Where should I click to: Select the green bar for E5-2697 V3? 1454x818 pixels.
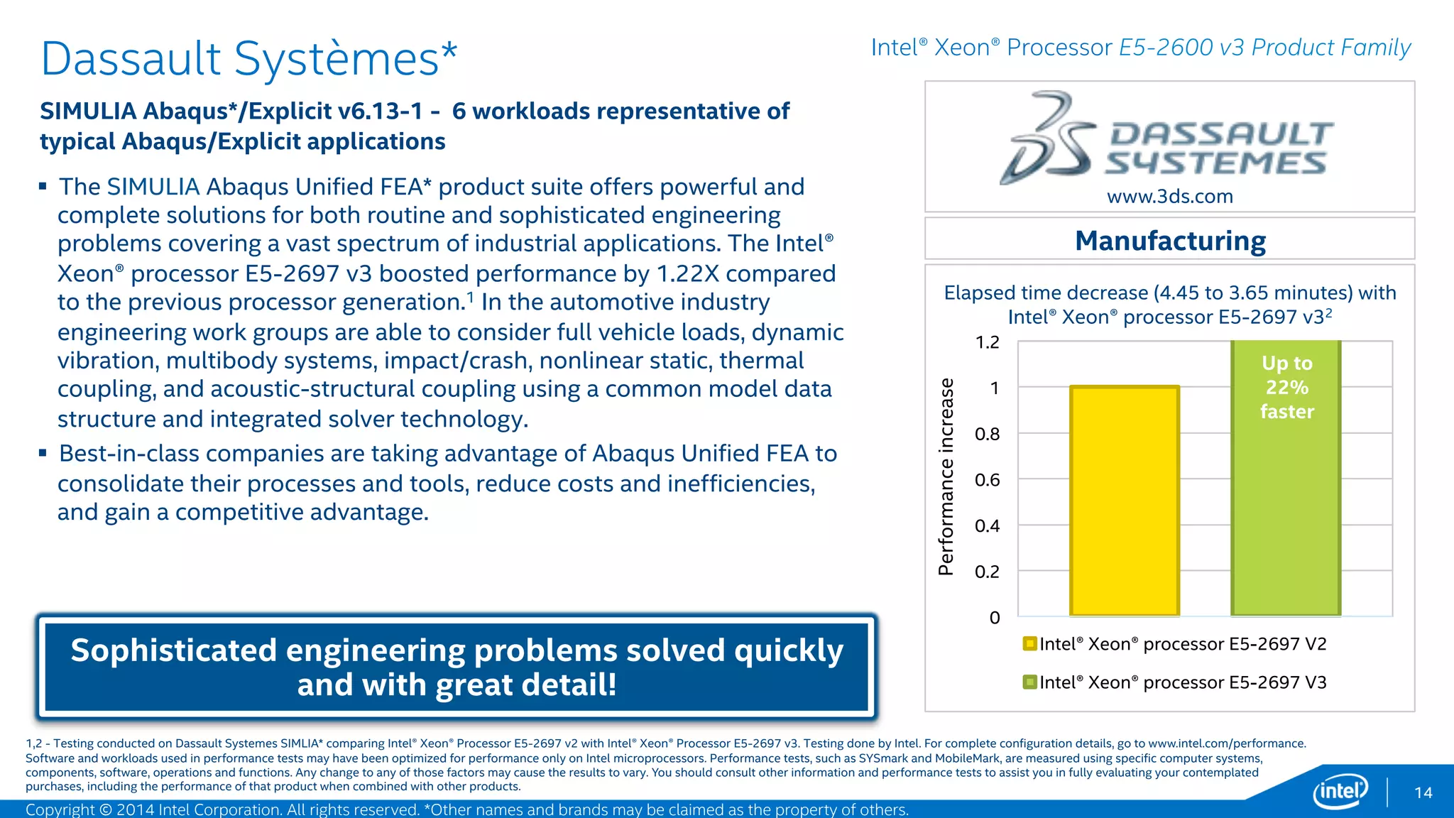1285,511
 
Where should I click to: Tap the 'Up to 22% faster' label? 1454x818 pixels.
1286,388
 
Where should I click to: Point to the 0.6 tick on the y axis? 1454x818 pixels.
987,481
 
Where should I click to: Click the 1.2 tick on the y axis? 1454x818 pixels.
987,343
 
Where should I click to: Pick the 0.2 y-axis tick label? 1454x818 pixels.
987,572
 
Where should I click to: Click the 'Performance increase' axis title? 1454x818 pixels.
946,476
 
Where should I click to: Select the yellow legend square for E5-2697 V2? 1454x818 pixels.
1029,644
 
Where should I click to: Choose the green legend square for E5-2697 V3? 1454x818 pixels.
1029,682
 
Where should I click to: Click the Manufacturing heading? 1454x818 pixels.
1170,241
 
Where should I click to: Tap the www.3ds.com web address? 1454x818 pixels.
1170,197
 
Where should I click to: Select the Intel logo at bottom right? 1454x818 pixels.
1340,790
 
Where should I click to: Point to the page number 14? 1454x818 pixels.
1423,793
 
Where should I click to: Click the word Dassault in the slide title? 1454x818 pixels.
131,59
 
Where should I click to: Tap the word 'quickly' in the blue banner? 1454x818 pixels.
788,650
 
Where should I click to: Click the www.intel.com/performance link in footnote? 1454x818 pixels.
1226,743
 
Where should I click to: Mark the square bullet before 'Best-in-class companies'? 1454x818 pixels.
43,453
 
